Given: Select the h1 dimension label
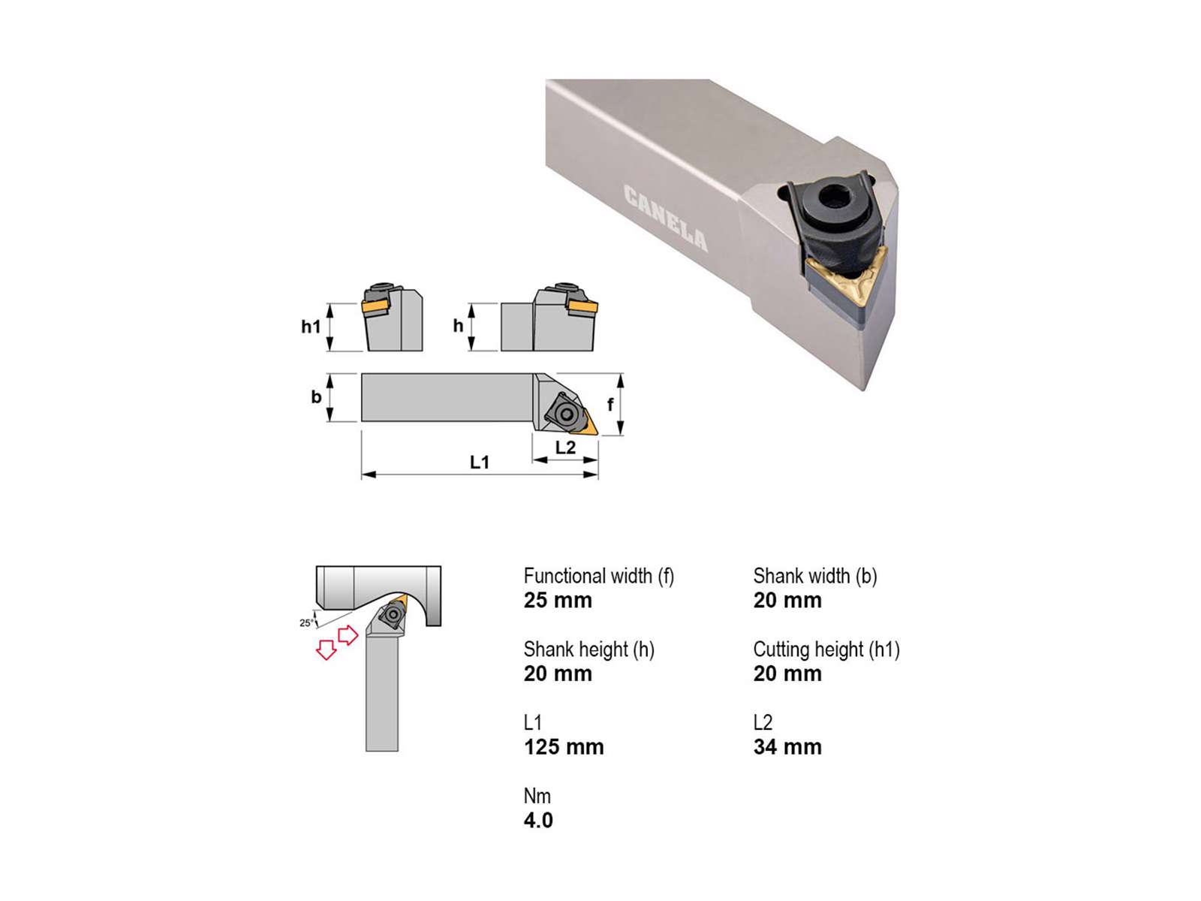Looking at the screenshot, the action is point(311,327).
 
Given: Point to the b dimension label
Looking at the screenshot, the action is point(316,396).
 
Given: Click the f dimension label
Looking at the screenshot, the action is point(610,404).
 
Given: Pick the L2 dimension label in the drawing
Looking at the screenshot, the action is point(565,447).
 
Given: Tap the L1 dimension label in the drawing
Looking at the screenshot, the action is point(480,463).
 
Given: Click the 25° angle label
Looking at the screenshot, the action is point(306,622).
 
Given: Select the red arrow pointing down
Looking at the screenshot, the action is point(326,649).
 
